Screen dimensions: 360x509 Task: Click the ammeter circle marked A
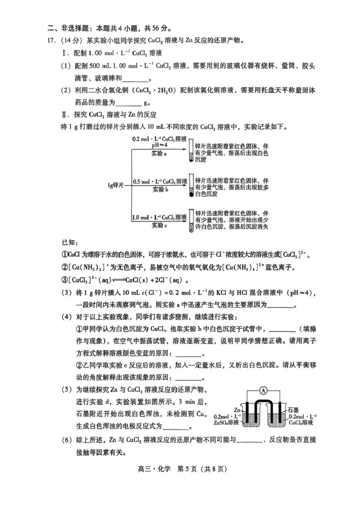coord(263,391)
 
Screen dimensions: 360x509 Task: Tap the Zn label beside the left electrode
coord(237,410)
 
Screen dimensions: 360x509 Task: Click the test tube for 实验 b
coord(191,186)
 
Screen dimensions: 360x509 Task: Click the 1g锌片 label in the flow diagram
coord(115,185)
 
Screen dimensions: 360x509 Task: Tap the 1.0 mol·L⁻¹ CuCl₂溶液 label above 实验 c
coord(159,217)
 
